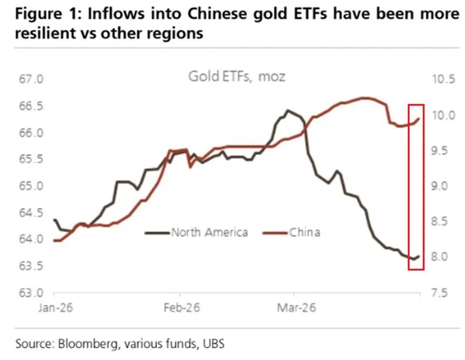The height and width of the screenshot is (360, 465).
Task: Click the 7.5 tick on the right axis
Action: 440,293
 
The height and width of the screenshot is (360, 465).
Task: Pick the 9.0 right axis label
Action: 440,186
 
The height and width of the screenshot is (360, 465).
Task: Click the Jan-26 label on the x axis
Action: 53,308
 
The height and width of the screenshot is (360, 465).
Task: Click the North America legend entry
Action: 209,233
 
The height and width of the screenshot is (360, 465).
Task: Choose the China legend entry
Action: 304,233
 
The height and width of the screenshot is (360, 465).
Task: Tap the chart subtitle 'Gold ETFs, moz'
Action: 236,76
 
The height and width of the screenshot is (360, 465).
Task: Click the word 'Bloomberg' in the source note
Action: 84,344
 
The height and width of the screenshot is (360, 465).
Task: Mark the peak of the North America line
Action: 287,110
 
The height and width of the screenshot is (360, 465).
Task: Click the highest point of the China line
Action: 364,98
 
